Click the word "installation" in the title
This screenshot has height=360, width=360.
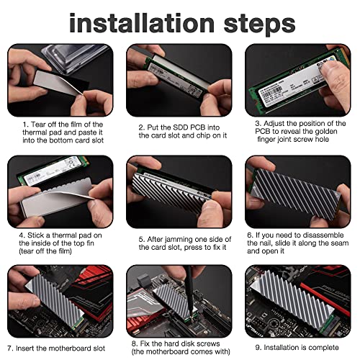click(x=142, y=23)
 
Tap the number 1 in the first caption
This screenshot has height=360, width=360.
click(x=24, y=125)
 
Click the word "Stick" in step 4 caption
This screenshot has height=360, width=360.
click(x=36, y=235)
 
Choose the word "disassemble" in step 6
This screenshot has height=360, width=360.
click(x=323, y=235)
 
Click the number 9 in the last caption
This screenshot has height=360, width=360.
click(x=257, y=348)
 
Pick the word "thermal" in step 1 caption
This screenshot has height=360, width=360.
click(x=35, y=132)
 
